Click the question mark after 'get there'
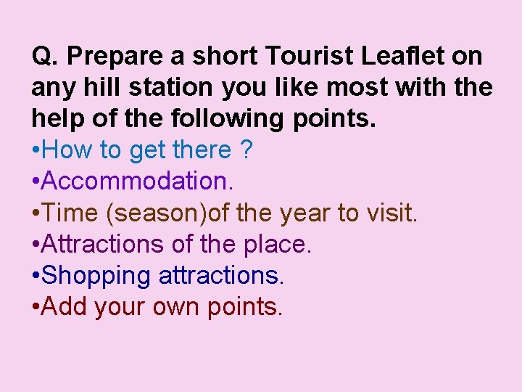point(246,150)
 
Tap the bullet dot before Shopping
point(36,276)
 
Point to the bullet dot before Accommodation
point(36,181)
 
